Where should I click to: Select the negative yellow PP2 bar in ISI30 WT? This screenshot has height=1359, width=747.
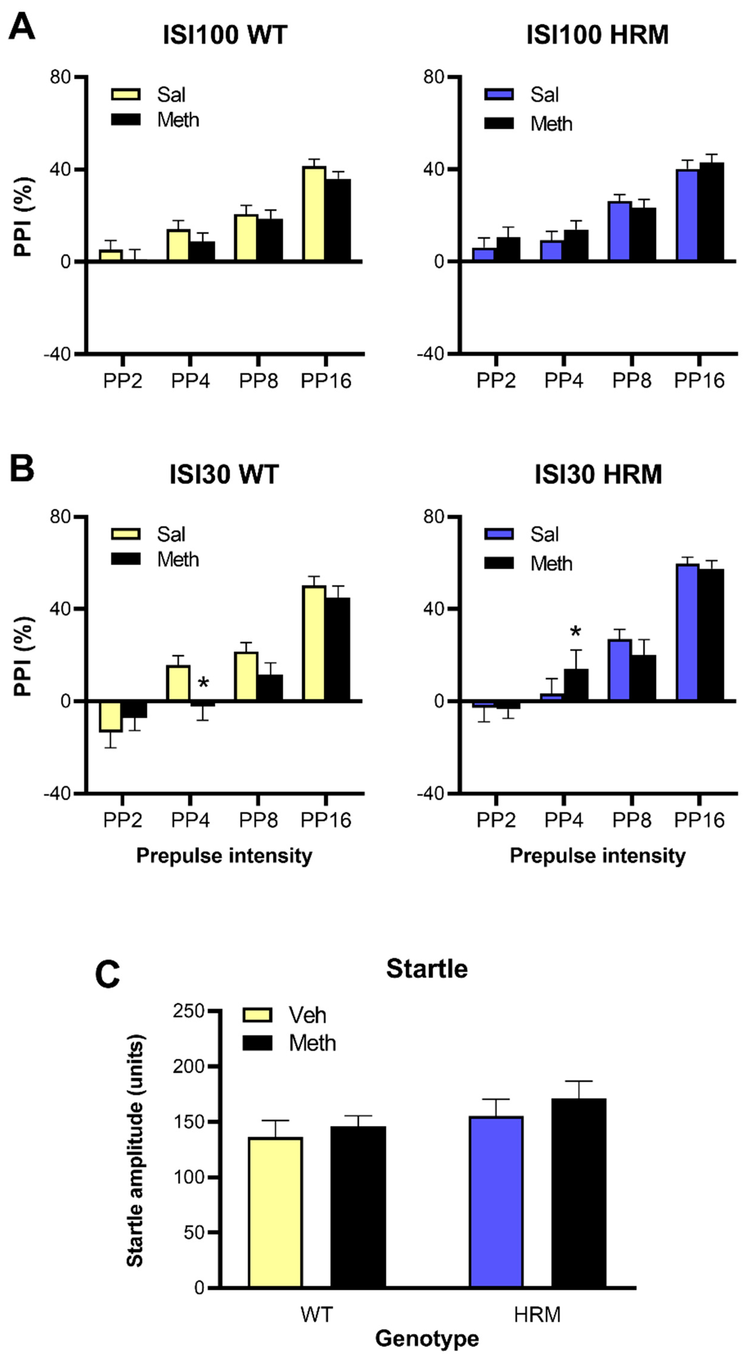pos(111,716)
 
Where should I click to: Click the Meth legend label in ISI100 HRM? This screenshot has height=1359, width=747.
pos(551,124)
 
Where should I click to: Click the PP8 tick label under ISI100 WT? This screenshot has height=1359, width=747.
pos(258,380)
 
